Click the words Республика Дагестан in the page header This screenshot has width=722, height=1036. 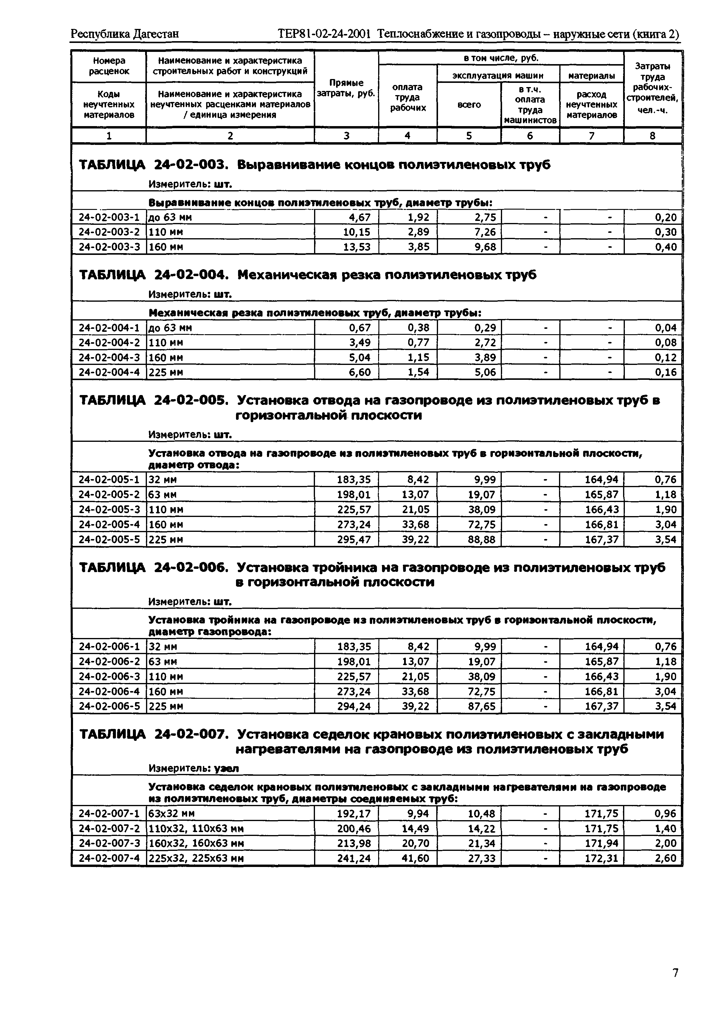[125, 34]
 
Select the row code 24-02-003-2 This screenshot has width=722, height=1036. [109, 232]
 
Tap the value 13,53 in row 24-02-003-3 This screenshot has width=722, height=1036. [357, 247]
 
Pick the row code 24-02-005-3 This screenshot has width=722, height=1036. [109, 510]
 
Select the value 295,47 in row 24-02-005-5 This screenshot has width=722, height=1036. [354, 540]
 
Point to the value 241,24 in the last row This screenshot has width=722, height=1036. [354, 858]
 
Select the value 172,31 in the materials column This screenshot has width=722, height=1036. [602, 858]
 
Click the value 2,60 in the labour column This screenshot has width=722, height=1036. [666, 858]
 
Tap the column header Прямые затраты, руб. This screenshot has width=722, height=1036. [346, 89]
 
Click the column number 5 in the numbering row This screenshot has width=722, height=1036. [469, 136]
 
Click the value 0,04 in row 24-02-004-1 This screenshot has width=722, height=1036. [666, 328]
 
